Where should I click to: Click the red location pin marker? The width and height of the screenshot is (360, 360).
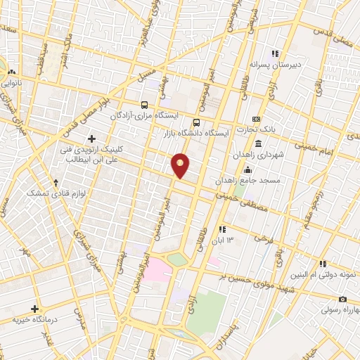(181, 165)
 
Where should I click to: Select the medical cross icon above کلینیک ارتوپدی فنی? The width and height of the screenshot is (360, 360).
(91, 139)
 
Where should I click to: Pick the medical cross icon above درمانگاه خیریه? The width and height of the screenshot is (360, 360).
(34, 309)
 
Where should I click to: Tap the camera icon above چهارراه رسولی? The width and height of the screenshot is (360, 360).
(342, 300)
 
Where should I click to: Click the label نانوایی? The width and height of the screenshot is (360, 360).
(12, 82)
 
